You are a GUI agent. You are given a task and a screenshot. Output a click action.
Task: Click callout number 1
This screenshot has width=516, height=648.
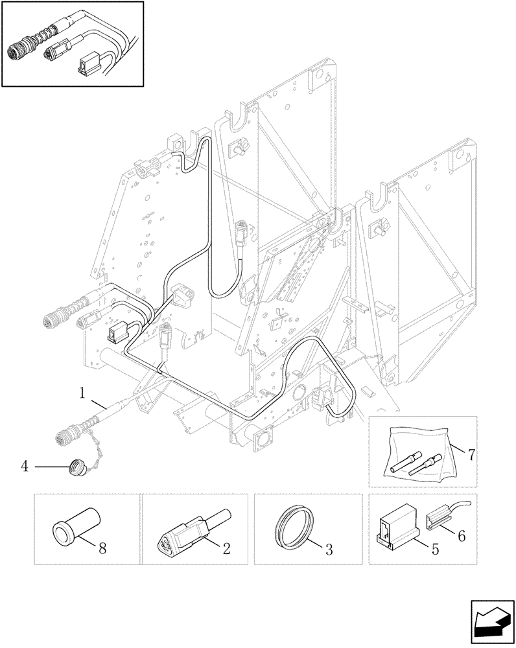click(82, 392)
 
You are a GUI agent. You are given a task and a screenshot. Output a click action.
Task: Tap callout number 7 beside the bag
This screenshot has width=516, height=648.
click(471, 454)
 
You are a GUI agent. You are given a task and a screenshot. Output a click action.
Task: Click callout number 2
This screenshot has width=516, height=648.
click(226, 548)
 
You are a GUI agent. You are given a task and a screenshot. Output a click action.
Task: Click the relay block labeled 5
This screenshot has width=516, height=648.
click(395, 524)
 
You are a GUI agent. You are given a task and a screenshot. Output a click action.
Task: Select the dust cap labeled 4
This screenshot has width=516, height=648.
click(76, 465)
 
